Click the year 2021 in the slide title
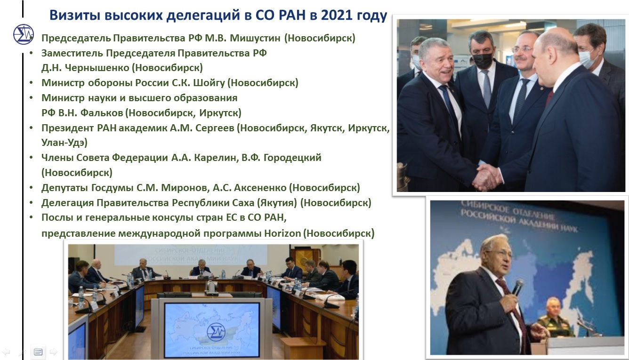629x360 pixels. (x=337, y=15)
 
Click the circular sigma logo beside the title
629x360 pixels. (x=24, y=34)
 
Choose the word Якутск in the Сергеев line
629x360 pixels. (x=327, y=128)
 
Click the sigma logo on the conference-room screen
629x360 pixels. (x=216, y=332)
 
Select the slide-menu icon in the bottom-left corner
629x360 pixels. (x=38, y=352)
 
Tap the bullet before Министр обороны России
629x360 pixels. (x=31, y=83)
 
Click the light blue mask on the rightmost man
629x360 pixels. (x=587, y=58)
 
